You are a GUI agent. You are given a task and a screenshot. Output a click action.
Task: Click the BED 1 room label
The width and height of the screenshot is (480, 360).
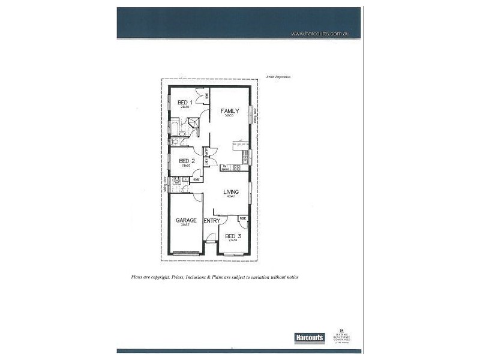click(x=185, y=103)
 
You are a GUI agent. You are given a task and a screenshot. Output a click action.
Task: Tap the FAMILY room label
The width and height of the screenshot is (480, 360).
click(x=230, y=111)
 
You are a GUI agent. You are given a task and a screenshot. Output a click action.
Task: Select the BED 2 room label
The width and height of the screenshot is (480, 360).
click(x=187, y=161)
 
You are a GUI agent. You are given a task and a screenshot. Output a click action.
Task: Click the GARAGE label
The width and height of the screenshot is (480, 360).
click(x=186, y=220)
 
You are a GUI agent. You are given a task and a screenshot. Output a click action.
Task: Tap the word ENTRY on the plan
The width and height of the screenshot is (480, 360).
click(x=211, y=221)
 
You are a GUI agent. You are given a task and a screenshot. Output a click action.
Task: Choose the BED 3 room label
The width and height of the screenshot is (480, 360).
click(x=233, y=236)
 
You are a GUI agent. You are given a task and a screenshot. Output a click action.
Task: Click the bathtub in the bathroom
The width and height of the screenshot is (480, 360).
click(x=174, y=128)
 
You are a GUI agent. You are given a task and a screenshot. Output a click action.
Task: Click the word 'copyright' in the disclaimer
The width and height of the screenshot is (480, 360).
click(x=161, y=277)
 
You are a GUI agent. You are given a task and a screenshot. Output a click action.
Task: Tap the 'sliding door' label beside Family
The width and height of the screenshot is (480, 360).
click(x=255, y=115)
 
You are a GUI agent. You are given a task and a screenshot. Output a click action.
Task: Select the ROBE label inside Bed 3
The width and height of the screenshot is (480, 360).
click(x=242, y=219)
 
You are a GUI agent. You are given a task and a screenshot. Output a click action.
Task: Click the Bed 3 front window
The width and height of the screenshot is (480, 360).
click(x=233, y=255)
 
